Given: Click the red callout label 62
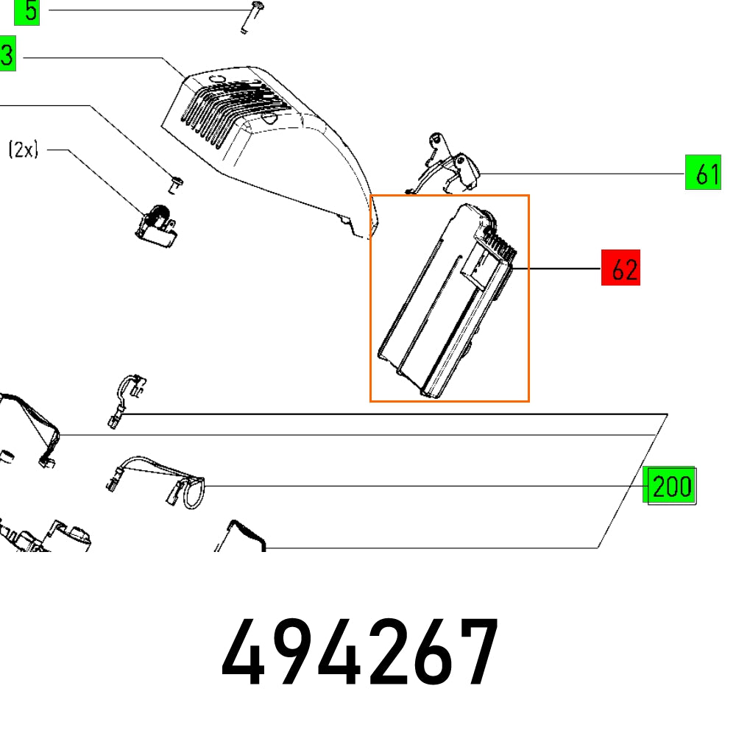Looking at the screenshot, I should (620, 269).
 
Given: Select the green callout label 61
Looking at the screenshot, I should (702, 174).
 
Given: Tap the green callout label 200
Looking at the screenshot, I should (669, 486).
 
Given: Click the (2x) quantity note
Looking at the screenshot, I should (23, 150).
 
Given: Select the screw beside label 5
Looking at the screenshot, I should (250, 16).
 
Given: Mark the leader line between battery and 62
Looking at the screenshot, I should (563, 270).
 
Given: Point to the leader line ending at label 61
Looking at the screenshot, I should (581, 174).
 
